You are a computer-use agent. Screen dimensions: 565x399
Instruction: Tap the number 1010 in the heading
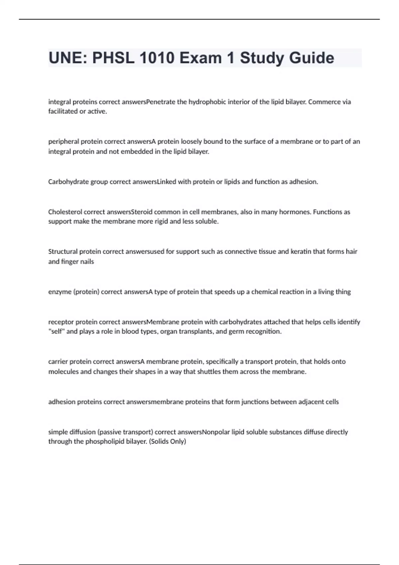point(157,58)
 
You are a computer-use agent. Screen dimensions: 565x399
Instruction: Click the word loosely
point(191,142)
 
